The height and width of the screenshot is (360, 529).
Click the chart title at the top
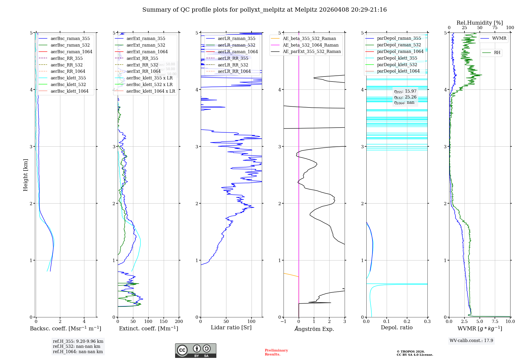pos(264,10)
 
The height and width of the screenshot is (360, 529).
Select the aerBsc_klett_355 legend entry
pos(68,78)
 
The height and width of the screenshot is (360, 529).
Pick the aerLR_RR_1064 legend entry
pos(234,71)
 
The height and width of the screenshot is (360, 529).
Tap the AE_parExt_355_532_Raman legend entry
pos(312,51)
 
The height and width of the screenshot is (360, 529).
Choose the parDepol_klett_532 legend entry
pos(397,65)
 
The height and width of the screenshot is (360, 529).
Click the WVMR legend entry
pos(499,38)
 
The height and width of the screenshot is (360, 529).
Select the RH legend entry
pos(497,53)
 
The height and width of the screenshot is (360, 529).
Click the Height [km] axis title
pos(25,175)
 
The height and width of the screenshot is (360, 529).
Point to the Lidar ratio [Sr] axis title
pos(231,327)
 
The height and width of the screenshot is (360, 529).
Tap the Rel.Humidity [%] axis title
pos(480,23)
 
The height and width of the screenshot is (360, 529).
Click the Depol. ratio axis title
pos(396,327)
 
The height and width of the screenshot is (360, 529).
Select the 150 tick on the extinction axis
pos(163,321)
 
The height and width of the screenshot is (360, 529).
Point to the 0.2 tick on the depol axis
pos(407,321)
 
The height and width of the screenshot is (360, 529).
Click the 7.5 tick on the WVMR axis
pos(495,321)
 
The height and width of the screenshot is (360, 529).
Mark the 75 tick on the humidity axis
pos(495,28)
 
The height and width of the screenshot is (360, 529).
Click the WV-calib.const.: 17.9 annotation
pos(471,340)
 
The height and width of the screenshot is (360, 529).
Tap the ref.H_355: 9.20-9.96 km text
pos(78,341)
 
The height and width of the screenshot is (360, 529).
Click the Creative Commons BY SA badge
pos(195,350)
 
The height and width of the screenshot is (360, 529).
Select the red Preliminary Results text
pos(276,352)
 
